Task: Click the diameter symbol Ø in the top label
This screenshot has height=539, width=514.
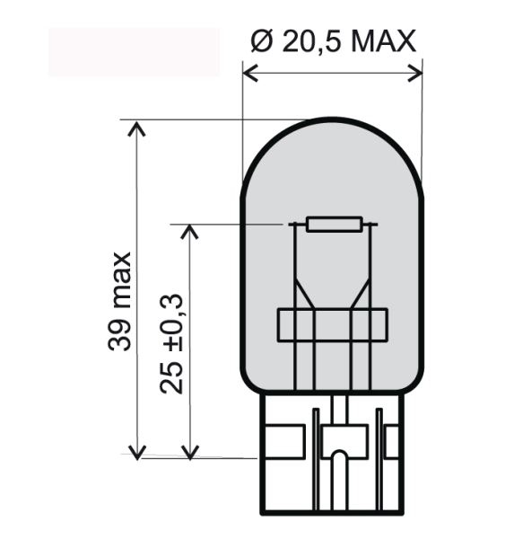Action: coord(262,41)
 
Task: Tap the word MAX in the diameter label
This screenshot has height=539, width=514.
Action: coord(382,41)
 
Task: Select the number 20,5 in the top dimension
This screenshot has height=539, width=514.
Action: coord(312,42)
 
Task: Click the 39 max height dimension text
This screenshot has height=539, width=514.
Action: coord(119,302)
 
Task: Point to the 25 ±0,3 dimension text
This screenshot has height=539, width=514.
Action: coord(171,343)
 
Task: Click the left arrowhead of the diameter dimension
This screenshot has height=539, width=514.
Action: coord(250,73)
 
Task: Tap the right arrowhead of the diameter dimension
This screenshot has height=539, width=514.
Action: coord(415,73)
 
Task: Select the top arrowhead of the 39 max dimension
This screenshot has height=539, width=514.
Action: coord(136,128)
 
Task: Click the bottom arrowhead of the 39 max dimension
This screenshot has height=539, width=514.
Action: coord(137,453)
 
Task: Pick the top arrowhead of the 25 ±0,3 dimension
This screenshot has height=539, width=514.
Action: coord(189,232)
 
